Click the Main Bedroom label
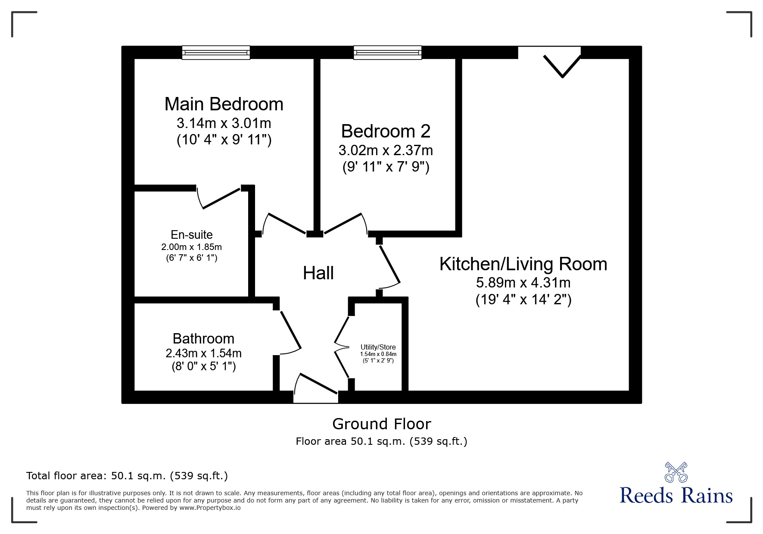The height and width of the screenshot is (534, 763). [x=224, y=104]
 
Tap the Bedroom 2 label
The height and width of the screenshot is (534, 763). [x=386, y=131]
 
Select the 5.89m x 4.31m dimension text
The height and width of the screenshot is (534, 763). [x=523, y=283]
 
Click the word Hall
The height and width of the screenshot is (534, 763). [x=318, y=273]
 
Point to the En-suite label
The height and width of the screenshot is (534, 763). [x=192, y=235]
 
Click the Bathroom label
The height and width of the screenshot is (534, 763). [x=203, y=339]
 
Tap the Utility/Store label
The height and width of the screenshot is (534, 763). [x=378, y=347]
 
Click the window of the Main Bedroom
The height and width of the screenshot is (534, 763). [x=216, y=53]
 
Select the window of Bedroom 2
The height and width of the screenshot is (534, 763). [x=387, y=53]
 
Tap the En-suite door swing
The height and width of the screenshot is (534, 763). [x=220, y=198]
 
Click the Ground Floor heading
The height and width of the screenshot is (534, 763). [x=381, y=424]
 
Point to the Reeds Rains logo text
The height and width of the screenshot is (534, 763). [x=676, y=496]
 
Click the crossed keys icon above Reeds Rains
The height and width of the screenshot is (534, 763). [x=676, y=472]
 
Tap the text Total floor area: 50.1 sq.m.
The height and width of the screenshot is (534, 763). [x=127, y=476]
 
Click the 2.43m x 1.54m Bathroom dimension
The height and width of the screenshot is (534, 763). [x=203, y=353]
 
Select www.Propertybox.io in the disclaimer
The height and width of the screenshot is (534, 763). [x=210, y=508]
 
